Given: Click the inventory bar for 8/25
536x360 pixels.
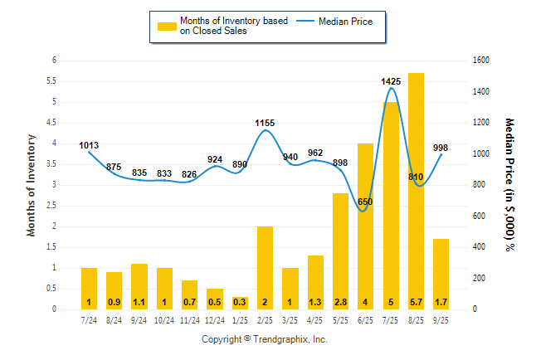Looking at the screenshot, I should coord(416,191).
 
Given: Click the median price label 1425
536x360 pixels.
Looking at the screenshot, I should coord(391,81).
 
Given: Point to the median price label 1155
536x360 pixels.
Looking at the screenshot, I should coord(265,123).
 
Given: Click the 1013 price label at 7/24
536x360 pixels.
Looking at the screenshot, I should coord(89,146).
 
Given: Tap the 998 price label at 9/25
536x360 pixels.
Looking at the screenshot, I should coord(441,148).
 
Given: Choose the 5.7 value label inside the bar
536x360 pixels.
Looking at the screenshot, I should coord(416,302).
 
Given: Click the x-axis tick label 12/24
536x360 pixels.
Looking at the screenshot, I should coord(215,319).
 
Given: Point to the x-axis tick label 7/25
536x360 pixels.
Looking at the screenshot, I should coord(391,319).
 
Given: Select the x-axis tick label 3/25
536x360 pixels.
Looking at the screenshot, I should coord(290,319).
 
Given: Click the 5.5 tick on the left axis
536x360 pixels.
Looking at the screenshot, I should coord(53,81).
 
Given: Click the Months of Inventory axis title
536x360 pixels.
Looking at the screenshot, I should coord(32,185).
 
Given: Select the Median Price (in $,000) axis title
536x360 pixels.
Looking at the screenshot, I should coord(509,184).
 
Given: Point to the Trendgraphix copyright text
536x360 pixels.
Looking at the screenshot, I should coord(265,340).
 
